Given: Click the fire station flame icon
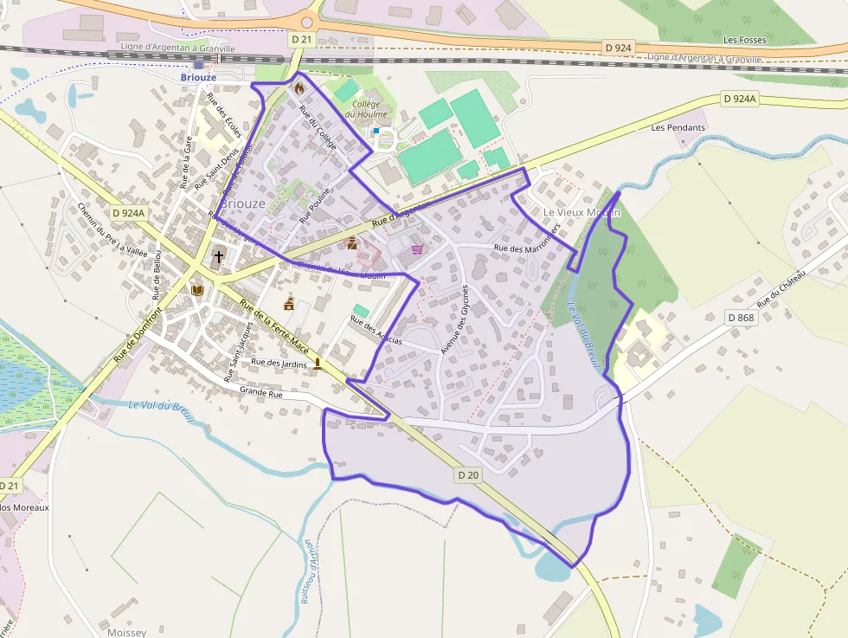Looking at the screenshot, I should pos(299,87).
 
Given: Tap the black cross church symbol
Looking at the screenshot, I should pos(219,256).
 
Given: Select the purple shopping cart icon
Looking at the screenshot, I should pos(418,249).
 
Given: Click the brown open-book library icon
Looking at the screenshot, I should pos(197,290).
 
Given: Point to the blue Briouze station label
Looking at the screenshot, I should pos(198,77).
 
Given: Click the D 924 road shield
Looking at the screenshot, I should pos(618,48).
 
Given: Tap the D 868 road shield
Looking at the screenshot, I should pos(742,318).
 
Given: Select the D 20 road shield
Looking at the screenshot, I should pos(468,474).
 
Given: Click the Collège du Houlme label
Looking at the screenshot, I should pos(363,109).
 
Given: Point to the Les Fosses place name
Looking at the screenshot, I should pos(744,40).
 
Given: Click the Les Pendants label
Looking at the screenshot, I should pos(678,127).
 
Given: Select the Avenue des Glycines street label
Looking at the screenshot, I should pos(459,319).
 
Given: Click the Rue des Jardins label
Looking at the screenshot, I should pos(279,363).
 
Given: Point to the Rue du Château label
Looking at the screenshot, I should pos(781,289).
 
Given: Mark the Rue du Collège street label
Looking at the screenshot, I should pos(317,125).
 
